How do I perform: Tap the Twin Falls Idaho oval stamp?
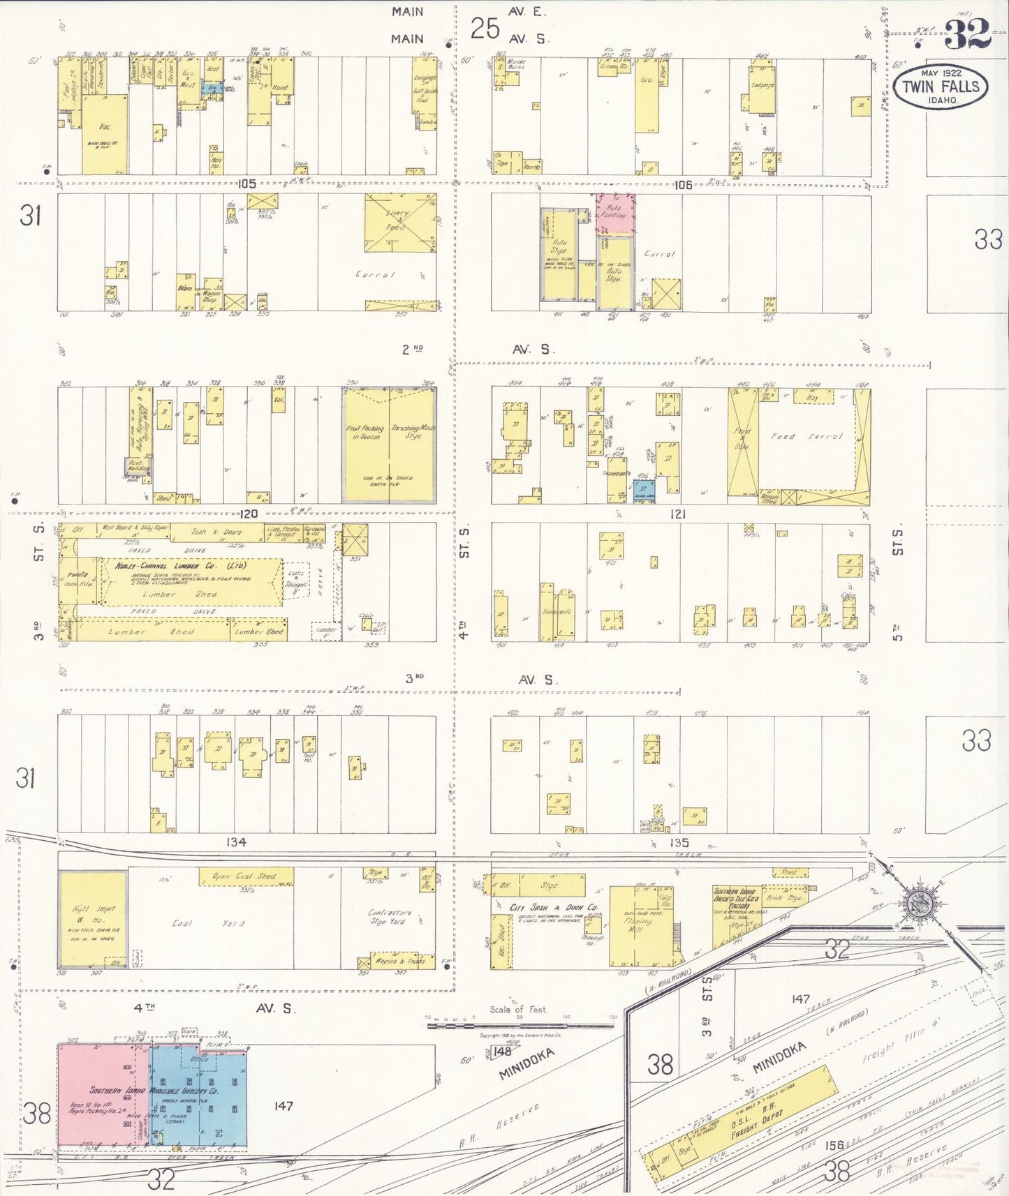point(941,87)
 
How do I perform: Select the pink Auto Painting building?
point(615,214)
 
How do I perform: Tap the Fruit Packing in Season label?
point(365,432)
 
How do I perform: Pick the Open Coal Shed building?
point(246,876)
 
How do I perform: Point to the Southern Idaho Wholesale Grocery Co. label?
point(154,1090)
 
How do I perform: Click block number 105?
point(246,184)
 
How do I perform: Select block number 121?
point(677,514)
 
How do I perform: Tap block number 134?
point(236,842)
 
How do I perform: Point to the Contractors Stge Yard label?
point(390,917)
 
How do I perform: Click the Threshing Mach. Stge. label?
point(413,432)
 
